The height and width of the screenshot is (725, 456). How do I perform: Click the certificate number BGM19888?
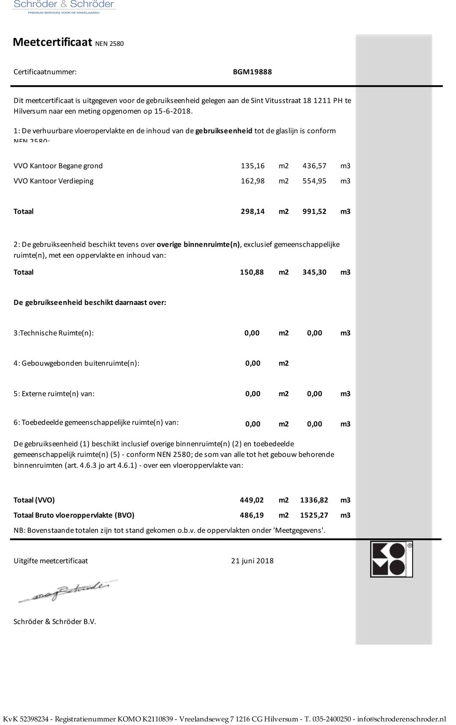pos(252,72)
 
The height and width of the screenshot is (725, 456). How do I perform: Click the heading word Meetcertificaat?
pos(52,42)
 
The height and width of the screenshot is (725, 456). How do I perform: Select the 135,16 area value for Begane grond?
pos(252,166)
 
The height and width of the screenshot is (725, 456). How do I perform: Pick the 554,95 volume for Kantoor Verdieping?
pos(314,181)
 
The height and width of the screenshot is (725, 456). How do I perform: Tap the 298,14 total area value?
pos(252,211)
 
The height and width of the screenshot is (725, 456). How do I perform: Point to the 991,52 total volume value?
pos(314,211)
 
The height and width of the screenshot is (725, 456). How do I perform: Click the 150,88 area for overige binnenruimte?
pos(252,272)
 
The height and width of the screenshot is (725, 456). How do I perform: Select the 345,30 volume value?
pos(314,272)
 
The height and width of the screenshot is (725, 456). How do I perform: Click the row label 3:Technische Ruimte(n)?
pos(54,333)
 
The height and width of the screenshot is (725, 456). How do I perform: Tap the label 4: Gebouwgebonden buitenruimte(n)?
pos(76,363)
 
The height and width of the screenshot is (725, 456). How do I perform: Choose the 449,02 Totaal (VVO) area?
pos(252,500)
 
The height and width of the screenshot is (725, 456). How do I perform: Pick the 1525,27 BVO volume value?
pos(314,515)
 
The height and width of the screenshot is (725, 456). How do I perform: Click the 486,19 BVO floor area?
pos(252,515)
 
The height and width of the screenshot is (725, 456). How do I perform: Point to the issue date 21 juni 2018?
pos(252,561)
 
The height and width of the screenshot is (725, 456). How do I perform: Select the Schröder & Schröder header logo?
pos(64,6)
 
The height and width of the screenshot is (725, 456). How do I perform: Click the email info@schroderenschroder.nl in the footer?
pos(402,719)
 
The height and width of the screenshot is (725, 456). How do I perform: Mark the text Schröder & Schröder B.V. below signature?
pos(55,621)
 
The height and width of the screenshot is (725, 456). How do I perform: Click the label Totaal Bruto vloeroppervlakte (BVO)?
pos(74,515)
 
